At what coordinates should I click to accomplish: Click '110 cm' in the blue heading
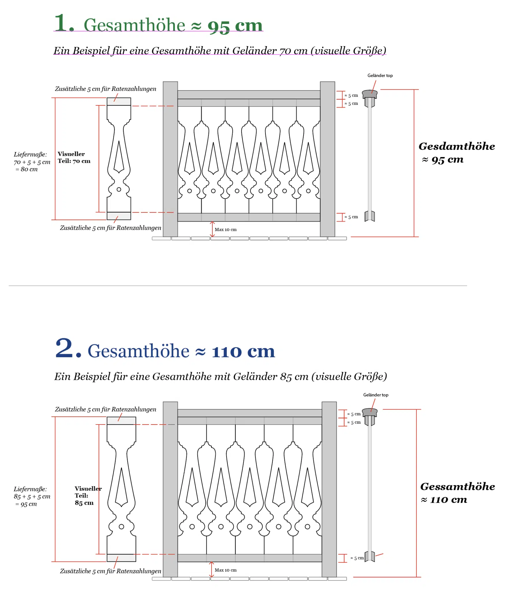click(x=243, y=352)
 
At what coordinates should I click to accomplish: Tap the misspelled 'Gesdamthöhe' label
click(x=457, y=146)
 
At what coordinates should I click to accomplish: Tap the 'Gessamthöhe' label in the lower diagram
click(x=457, y=487)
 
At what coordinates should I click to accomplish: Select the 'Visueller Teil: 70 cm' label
click(x=74, y=157)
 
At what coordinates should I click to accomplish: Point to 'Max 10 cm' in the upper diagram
click(x=225, y=230)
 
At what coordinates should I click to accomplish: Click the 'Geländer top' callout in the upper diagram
click(x=380, y=76)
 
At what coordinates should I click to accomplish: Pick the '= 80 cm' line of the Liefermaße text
click(x=27, y=169)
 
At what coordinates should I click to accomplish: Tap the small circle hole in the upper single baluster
click(x=119, y=190)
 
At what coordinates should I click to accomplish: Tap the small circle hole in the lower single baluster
click(x=121, y=527)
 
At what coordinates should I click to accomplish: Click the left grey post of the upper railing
click(x=170, y=159)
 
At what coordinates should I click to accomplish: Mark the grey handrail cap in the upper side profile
click(x=370, y=94)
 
